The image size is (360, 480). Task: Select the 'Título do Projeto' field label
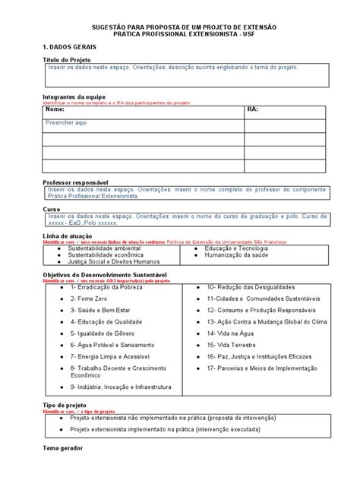tap(66, 59)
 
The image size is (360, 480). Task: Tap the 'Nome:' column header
tap(55, 110)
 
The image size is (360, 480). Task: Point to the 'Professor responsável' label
tap(76, 183)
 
